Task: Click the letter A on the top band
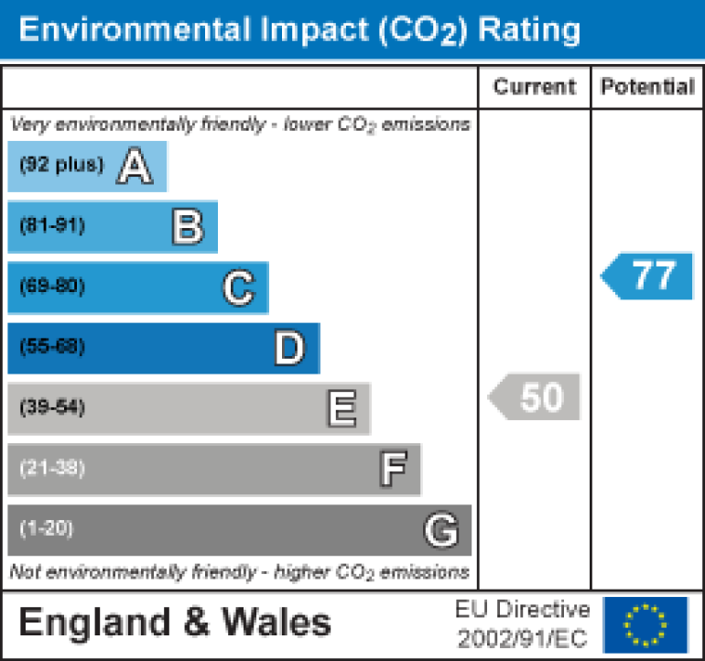(x=135, y=167)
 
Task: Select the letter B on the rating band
(x=187, y=227)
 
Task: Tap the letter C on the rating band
(x=237, y=288)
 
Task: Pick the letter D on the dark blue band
(x=288, y=349)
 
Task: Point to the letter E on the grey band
(x=341, y=409)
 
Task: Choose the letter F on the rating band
(x=393, y=470)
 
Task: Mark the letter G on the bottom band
(x=440, y=530)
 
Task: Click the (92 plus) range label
(x=62, y=166)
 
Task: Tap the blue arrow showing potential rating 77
(x=648, y=276)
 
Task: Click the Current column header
(x=535, y=87)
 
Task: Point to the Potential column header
(x=647, y=87)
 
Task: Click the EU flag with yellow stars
(x=645, y=623)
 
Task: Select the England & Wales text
(x=175, y=623)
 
